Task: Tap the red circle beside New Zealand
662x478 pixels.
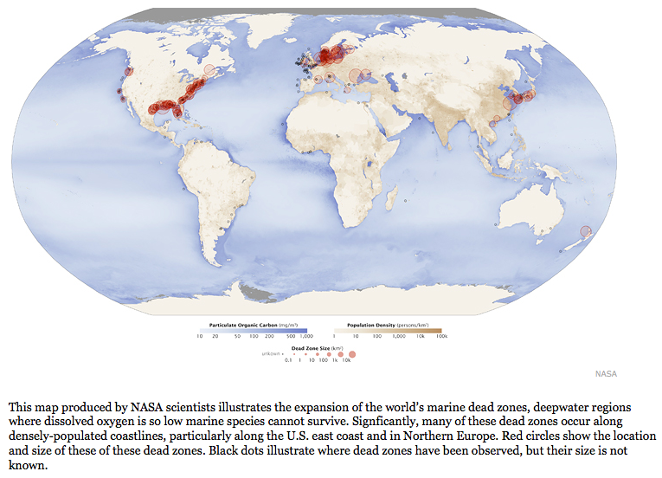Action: click(x=586, y=231)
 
